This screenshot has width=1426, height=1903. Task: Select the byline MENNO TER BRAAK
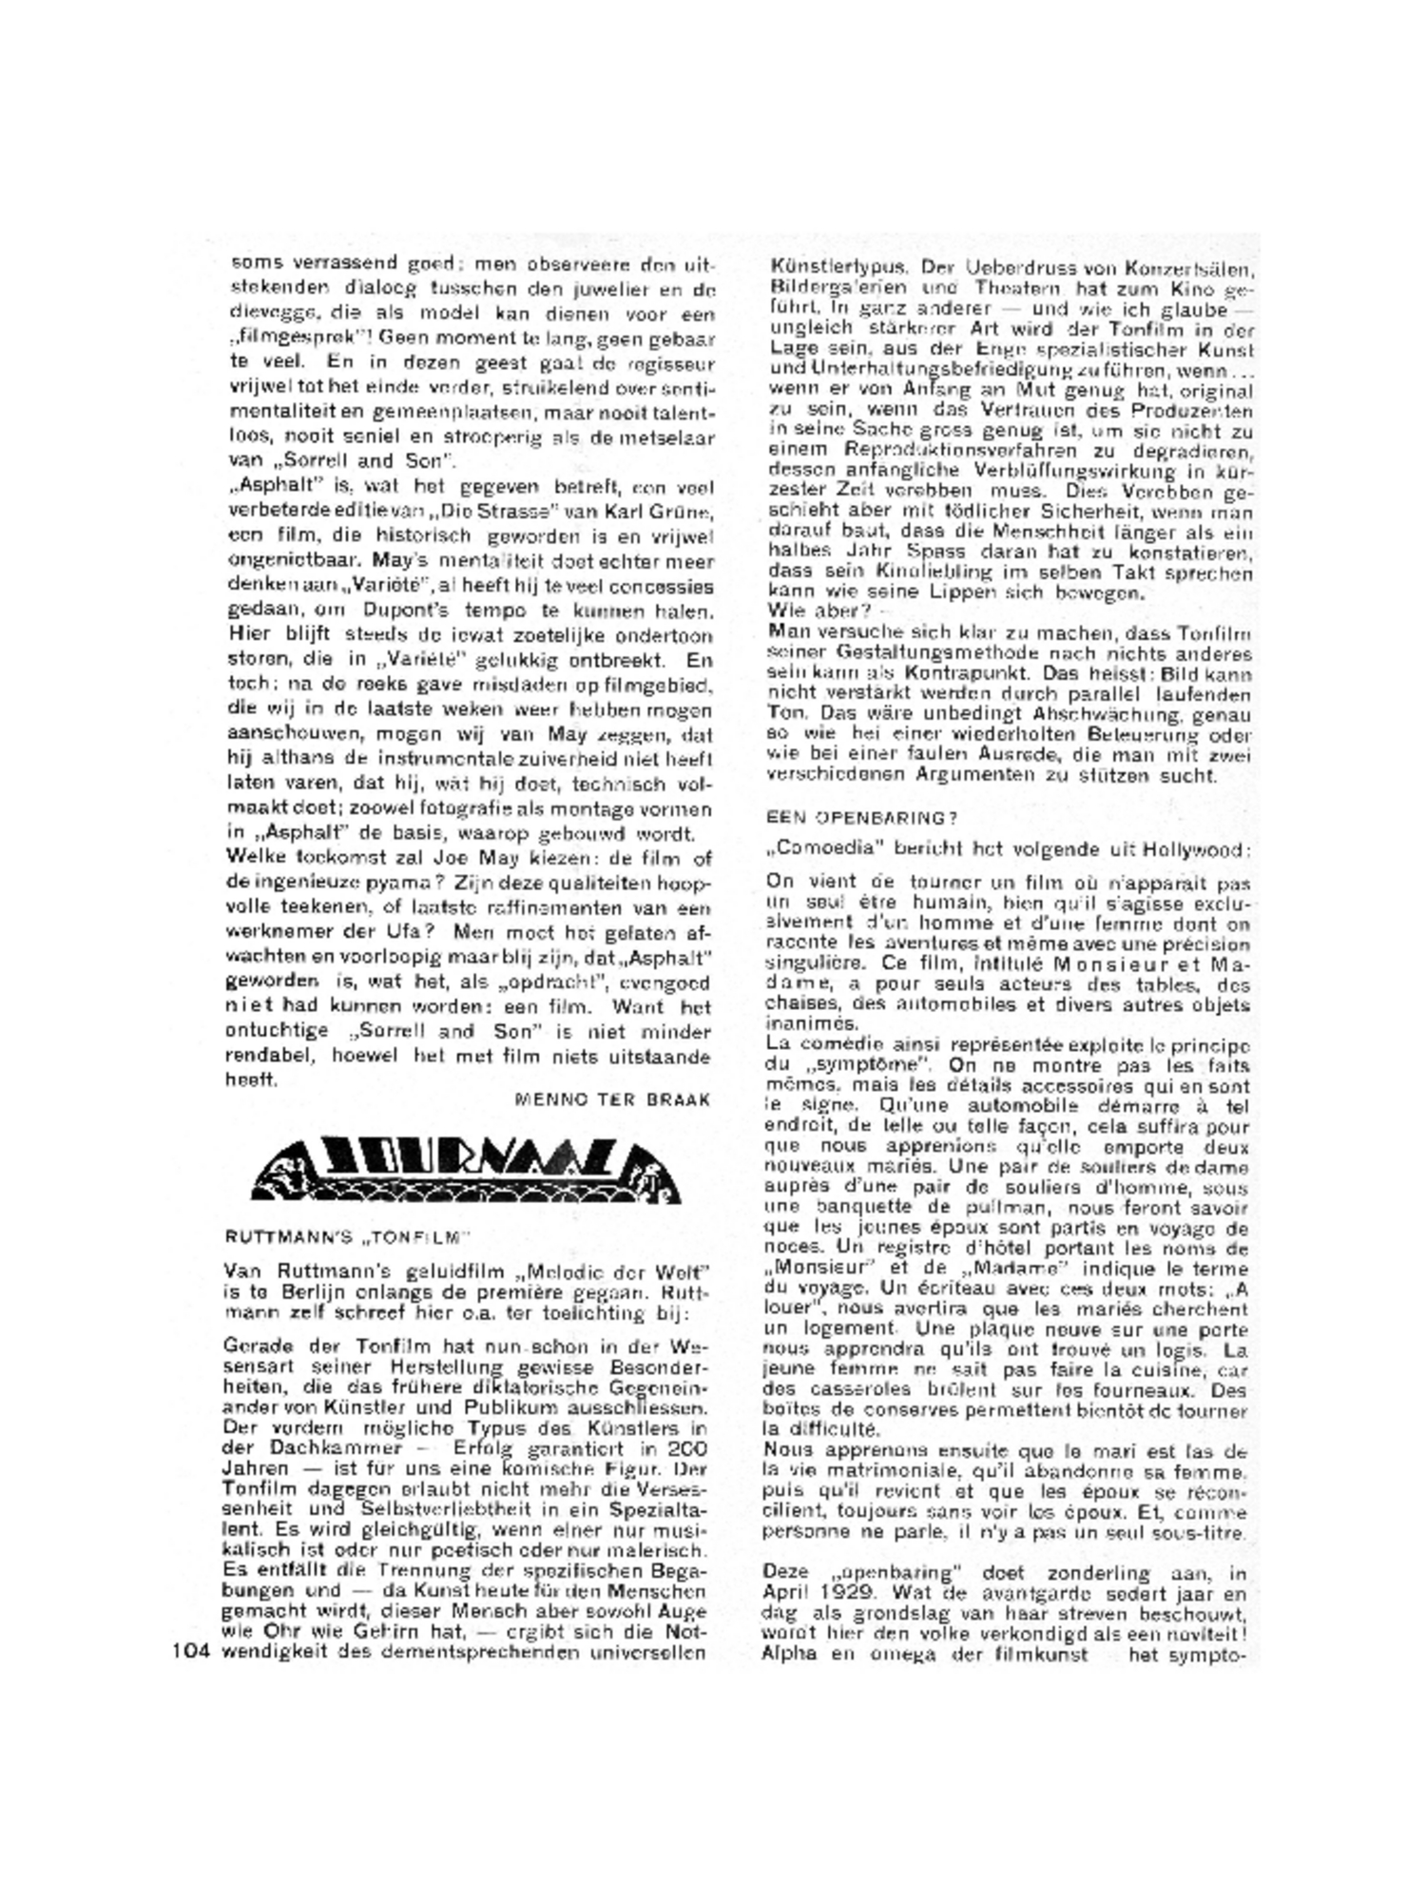[x=612, y=1099]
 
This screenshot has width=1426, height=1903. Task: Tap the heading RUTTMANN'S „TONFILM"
[x=348, y=1237]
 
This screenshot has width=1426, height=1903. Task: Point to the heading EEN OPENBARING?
[x=860, y=817]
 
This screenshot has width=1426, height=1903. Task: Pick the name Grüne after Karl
[x=681, y=513]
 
